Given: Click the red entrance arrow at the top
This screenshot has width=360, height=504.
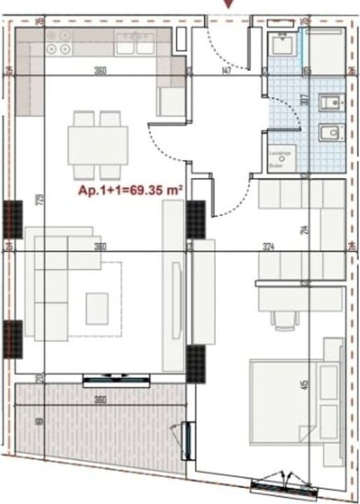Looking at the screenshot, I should coord(228,4).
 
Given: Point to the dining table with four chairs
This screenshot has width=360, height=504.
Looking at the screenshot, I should coord(97,145).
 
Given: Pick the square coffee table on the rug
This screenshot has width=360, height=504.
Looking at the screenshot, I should coord(97,307).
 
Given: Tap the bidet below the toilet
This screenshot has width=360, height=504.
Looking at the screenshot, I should coord(330,134).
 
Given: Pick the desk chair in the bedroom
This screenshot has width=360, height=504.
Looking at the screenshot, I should coord(284,320).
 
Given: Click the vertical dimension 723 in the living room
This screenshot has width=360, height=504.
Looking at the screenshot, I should coord(40,199).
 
